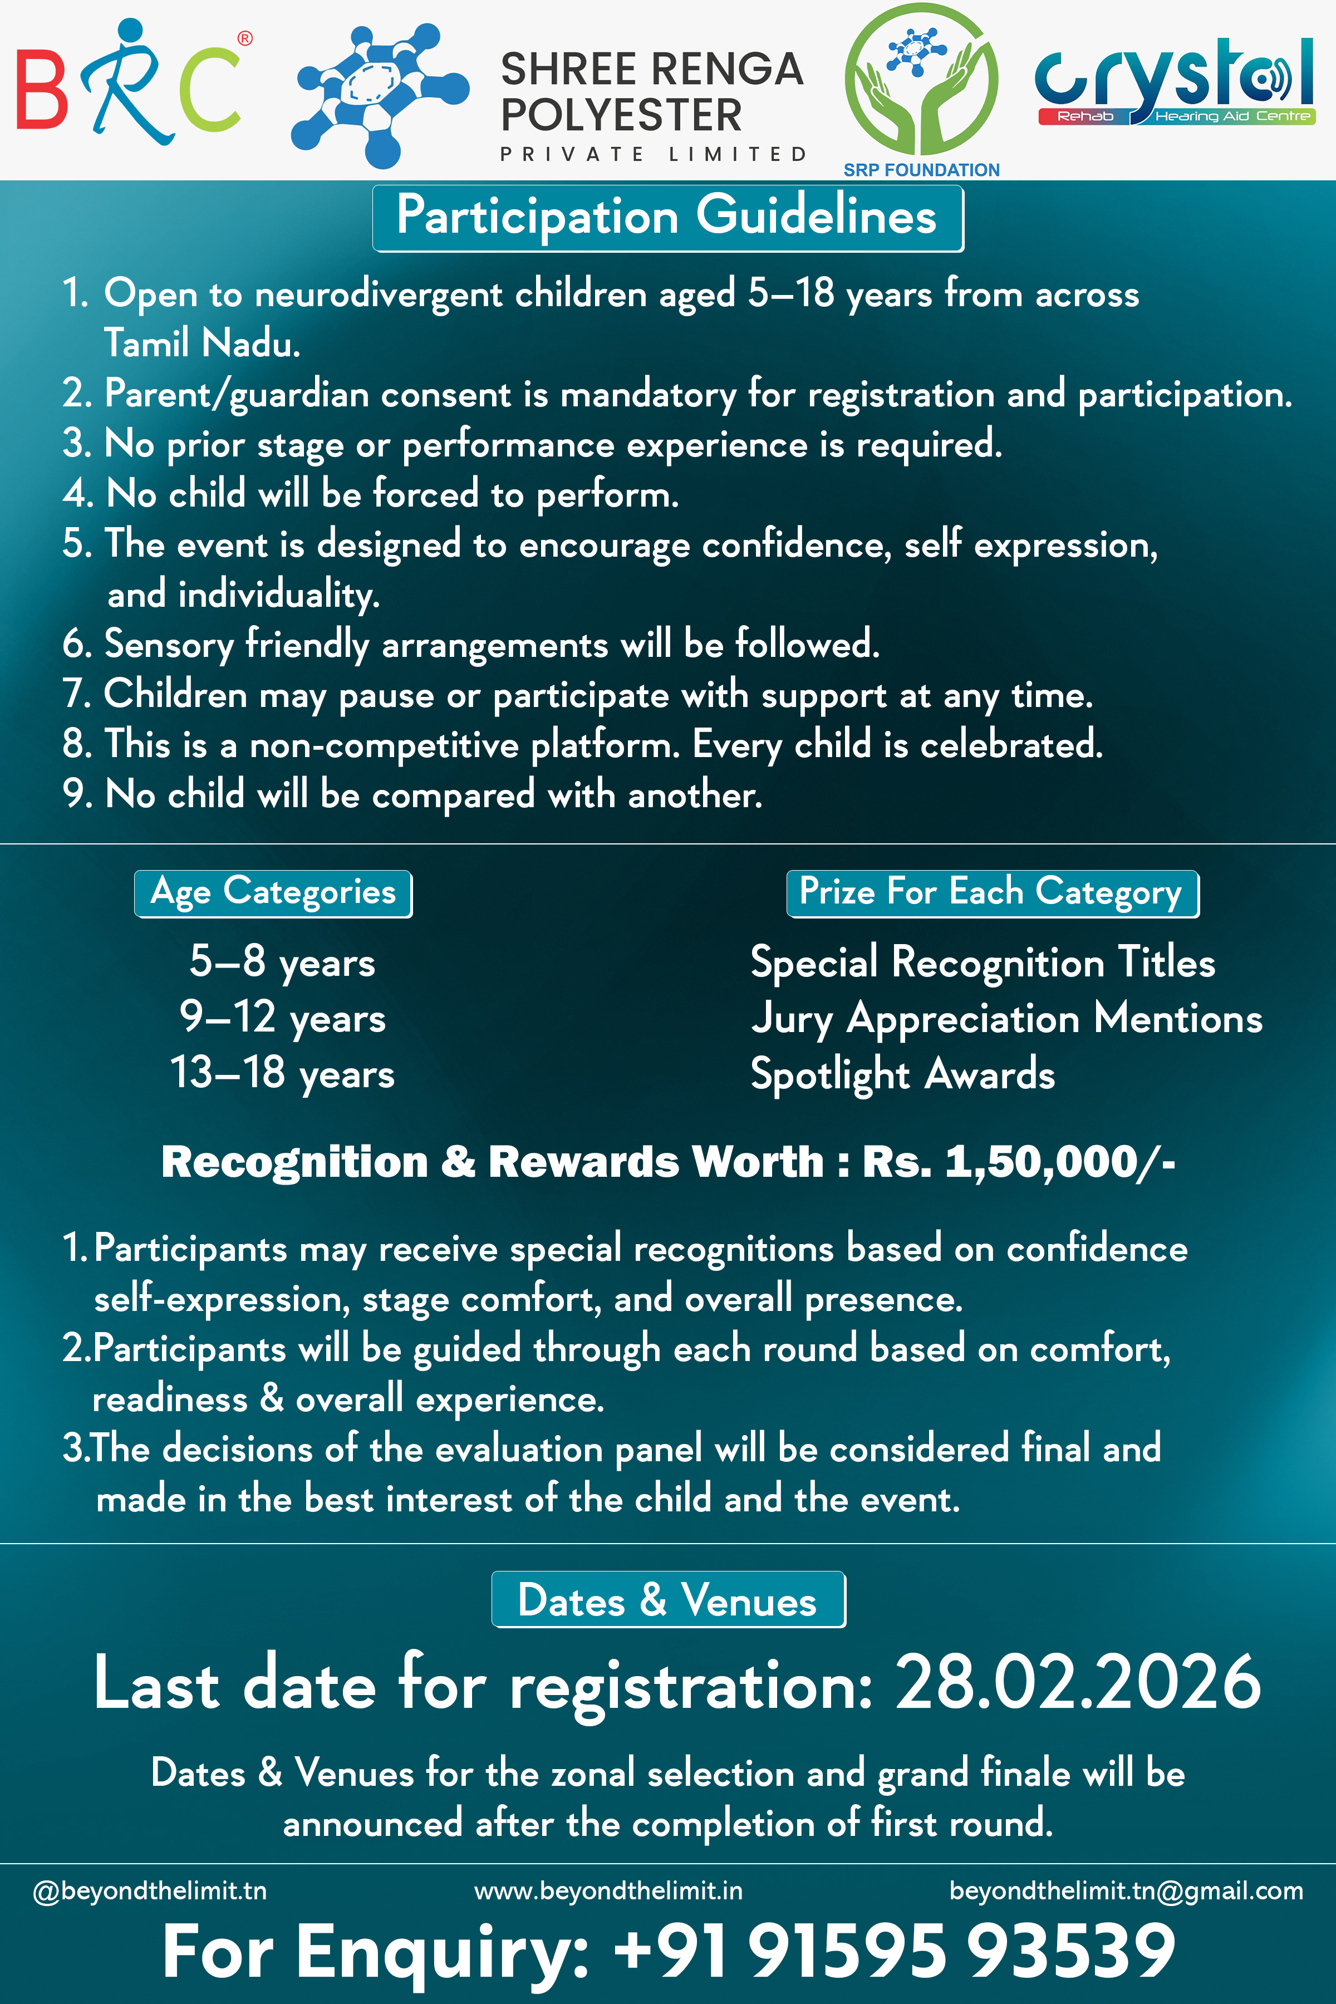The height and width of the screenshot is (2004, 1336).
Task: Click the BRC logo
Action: point(132,85)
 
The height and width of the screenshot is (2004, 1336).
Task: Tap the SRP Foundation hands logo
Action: point(921,81)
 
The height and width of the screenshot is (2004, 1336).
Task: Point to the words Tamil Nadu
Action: point(202,343)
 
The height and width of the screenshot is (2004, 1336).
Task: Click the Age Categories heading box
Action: point(273,893)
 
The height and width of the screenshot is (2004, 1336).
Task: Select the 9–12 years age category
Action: point(282,1018)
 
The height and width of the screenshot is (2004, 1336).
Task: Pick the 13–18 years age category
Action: point(282,1073)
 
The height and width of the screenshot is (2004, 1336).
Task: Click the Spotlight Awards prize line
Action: point(902,1074)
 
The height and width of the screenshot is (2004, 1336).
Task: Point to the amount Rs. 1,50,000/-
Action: point(1018,1162)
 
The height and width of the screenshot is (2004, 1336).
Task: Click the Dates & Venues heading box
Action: point(668,1599)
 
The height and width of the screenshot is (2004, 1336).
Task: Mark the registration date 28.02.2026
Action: point(1077,1683)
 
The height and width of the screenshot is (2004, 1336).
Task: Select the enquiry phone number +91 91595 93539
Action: point(894,1951)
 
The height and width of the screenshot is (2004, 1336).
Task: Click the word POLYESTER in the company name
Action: point(621,115)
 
